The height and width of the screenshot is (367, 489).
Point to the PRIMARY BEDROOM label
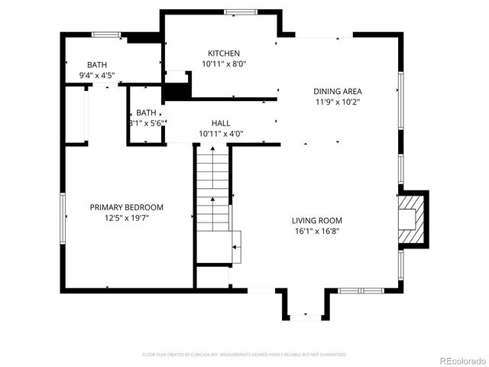[x=127, y=207]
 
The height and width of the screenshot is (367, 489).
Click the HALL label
[x=221, y=123]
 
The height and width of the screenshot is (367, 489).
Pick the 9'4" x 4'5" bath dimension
[x=97, y=76]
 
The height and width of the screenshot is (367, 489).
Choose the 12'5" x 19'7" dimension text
[x=127, y=218]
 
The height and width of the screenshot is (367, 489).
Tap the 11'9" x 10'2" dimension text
[x=338, y=102]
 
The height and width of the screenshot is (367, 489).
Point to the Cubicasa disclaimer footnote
[x=244, y=355]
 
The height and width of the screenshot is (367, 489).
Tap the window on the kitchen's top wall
[x=241, y=11]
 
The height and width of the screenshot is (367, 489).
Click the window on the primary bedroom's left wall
[x=62, y=219]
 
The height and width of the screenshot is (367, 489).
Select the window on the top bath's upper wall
[x=106, y=34]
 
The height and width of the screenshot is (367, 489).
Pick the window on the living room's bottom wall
[x=359, y=291]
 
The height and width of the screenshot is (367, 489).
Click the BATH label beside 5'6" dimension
[x=146, y=112]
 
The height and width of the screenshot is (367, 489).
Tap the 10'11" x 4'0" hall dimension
[x=221, y=134]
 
